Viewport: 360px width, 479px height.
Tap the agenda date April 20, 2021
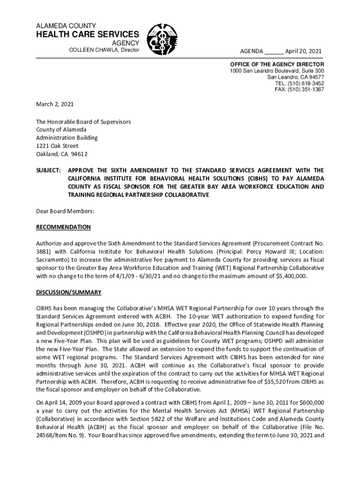pos(303,51)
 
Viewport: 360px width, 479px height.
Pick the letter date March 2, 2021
pos(55,104)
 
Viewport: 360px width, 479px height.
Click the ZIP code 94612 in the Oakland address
pos(79,154)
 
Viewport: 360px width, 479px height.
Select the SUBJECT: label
pos(49,170)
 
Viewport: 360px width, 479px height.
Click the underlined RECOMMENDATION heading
pos(64,227)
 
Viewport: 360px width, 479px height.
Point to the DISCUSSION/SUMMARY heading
pos(69,292)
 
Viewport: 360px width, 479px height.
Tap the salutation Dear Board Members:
pos(65,211)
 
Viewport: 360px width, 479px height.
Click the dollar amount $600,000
pos(309,402)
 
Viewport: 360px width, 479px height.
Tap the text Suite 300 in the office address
pos(311,71)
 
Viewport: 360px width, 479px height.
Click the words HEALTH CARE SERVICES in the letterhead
pos(87,34)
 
